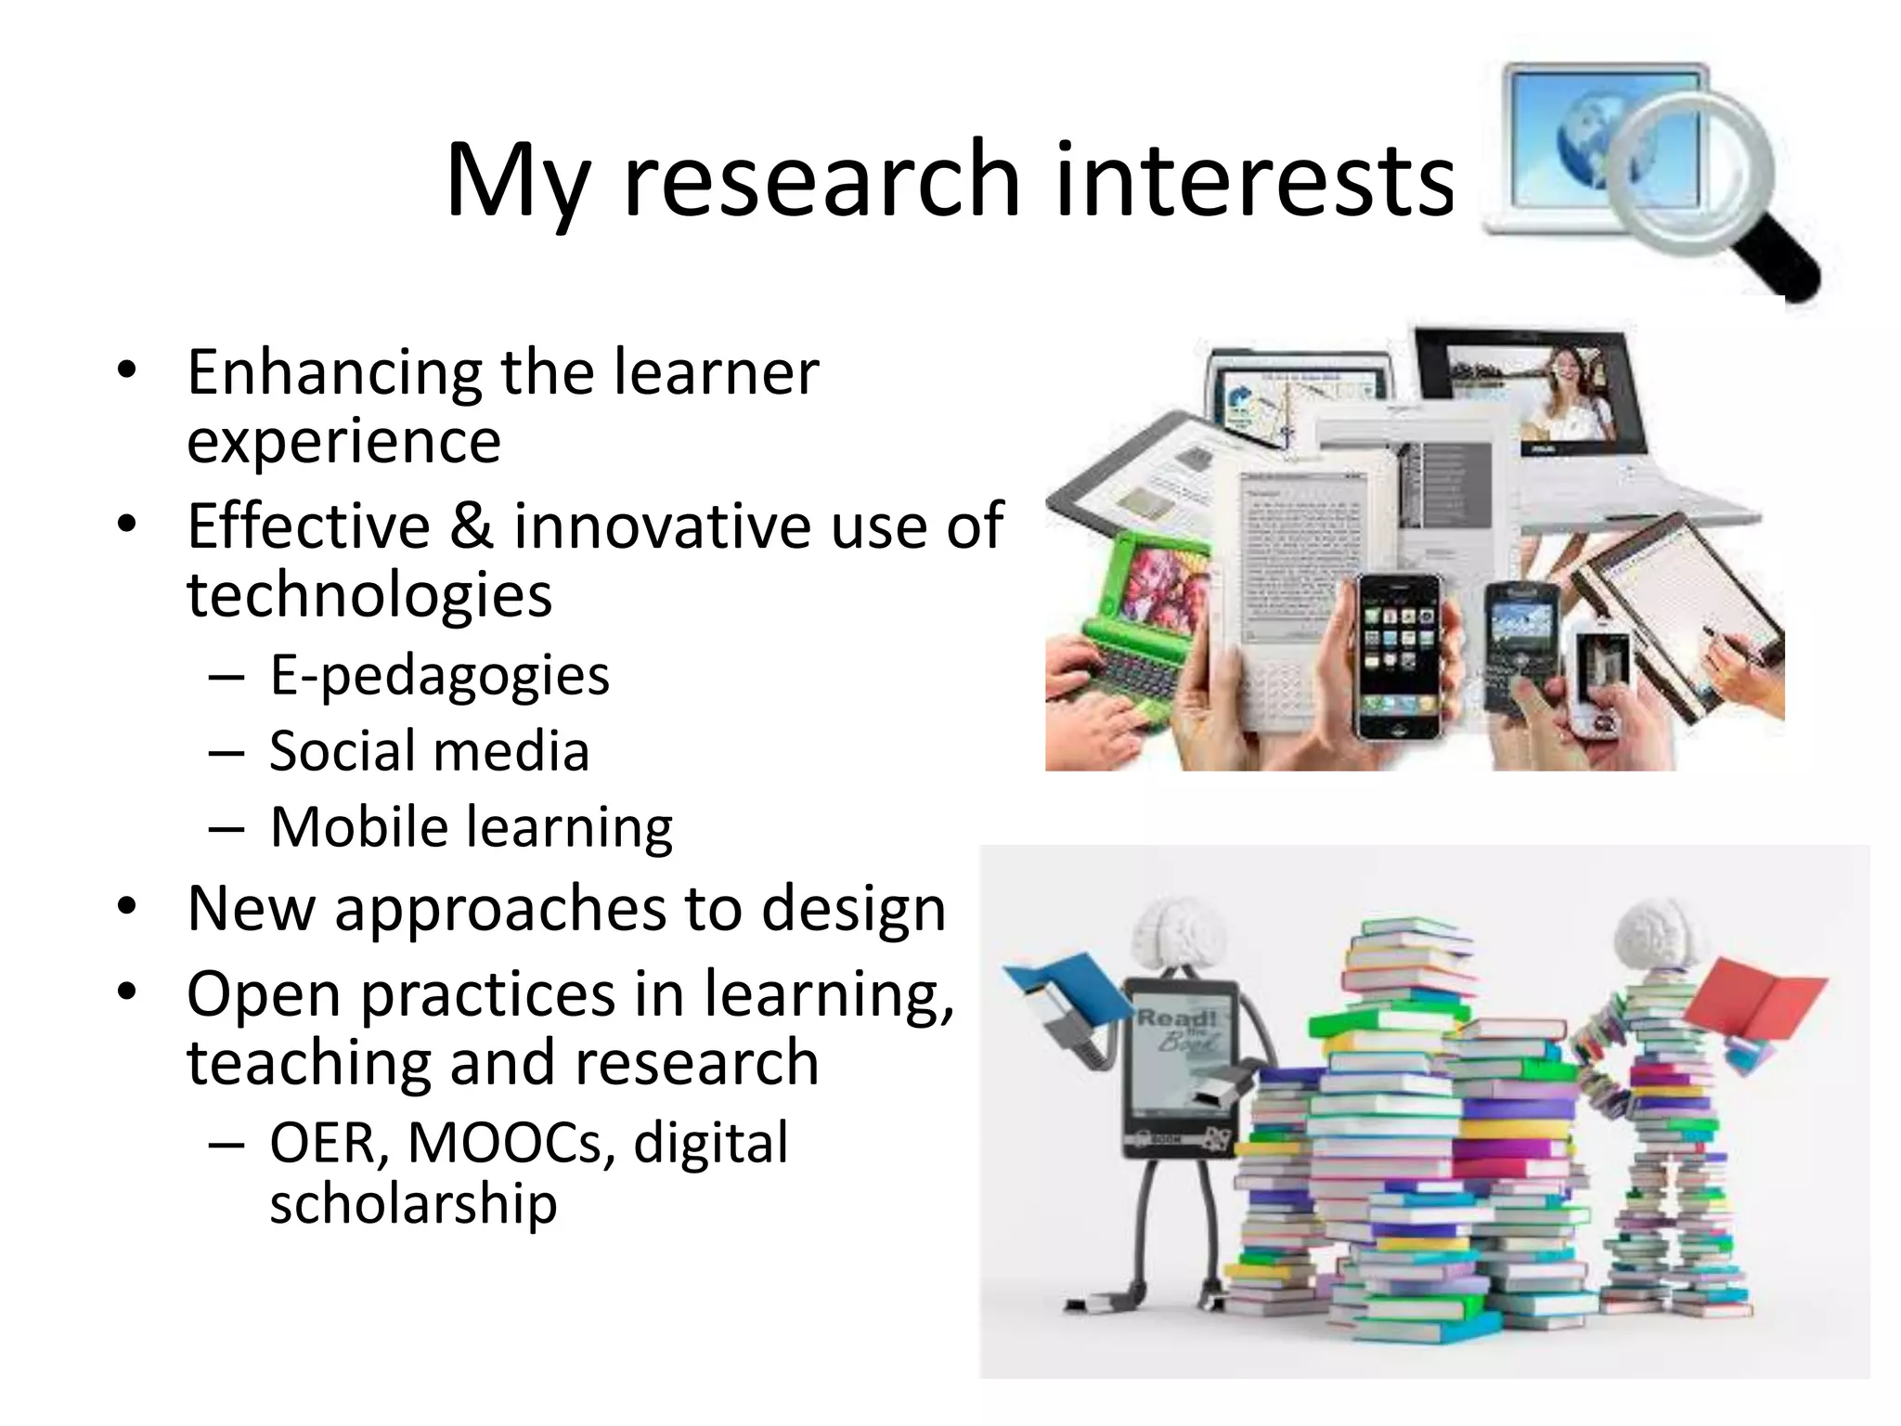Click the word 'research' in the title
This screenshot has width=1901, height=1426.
[822, 181]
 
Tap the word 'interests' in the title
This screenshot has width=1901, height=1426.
[1254, 181]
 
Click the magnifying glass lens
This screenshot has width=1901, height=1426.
[1689, 172]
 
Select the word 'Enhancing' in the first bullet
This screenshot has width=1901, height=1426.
[334, 374]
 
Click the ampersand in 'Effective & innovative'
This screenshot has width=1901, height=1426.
[472, 526]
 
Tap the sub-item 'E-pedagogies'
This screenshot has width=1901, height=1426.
[439, 675]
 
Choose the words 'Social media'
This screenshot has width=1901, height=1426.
[429, 751]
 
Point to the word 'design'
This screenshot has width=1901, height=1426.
[853, 909]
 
